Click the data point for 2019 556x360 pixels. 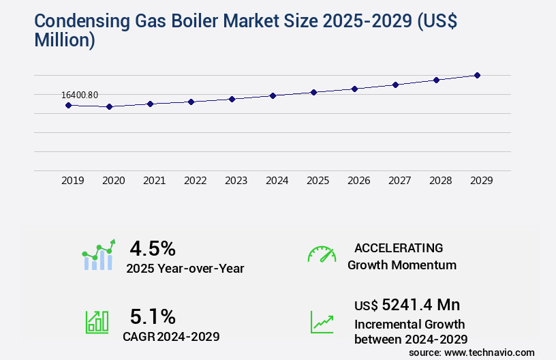click(x=68, y=105)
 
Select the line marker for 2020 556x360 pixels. click(x=109, y=106)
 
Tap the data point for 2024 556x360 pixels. click(x=273, y=95)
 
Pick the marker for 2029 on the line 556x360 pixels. click(x=478, y=75)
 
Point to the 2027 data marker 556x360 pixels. click(x=395, y=85)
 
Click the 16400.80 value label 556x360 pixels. click(x=80, y=95)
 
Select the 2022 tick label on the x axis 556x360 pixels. click(x=195, y=181)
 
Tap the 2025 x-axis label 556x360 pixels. click(x=318, y=181)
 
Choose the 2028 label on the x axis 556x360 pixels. click(x=440, y=181)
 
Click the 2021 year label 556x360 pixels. click(x=154, y=181)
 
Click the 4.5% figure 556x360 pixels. click(x=153, y=248)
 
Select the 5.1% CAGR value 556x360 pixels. click(x=153, y=316)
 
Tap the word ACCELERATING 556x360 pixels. click(x=399, y=248)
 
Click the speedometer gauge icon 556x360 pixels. click(x=322, y=254)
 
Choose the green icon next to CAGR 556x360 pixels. click(x=97, y=322)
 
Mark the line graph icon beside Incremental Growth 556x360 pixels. click(x=322, y=322)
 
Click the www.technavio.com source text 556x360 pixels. click(x=490, y=352)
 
